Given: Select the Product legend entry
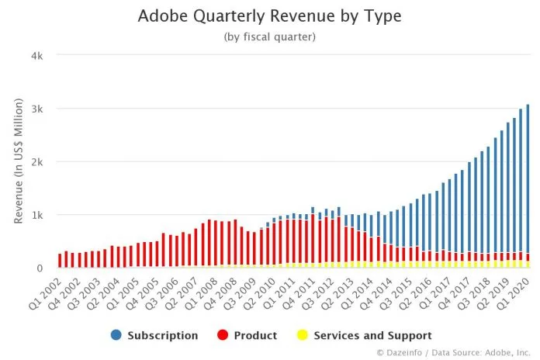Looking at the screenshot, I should [255, 336].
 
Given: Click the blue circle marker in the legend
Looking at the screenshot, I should [116, 336].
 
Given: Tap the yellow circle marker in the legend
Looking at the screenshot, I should [303, 336].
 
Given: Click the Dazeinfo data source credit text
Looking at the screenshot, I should [455, 352].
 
